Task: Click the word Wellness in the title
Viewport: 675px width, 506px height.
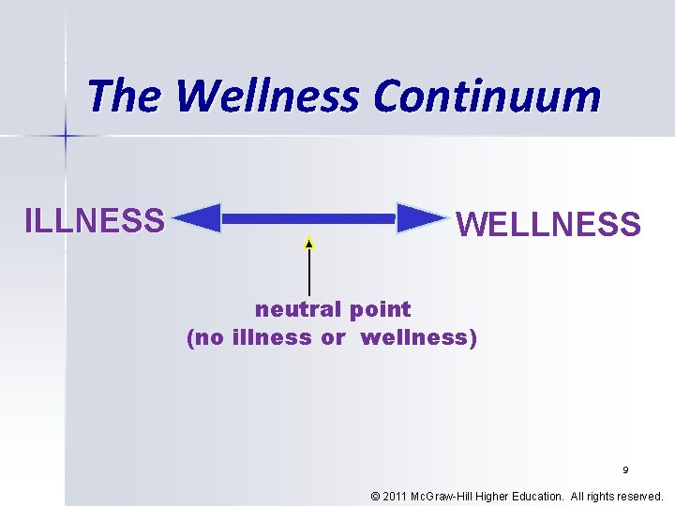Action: (266, 96)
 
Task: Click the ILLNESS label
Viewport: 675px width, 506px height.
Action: (95, 220)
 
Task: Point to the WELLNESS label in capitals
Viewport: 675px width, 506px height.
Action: (547, 225)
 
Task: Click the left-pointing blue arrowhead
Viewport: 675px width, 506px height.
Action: (198, 218)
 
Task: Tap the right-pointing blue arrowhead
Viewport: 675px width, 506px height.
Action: (421, 218)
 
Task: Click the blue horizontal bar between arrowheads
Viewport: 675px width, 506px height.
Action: (309, 218)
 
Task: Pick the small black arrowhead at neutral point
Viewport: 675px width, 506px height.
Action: (308, 244)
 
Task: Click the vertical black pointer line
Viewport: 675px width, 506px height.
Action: (308, 272)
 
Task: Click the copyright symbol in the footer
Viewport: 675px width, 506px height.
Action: (376, 496)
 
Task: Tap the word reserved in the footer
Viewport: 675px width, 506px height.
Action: (637, 496)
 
